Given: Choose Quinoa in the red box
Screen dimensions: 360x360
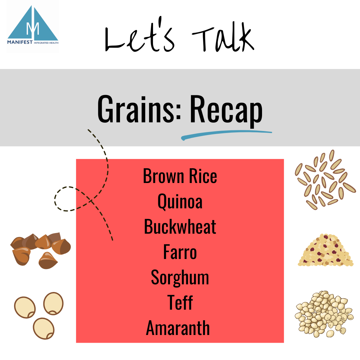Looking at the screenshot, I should coord(180,202).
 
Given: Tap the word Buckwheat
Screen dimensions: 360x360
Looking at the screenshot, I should coord(180,227).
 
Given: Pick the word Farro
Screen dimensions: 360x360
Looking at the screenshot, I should coord(180,252).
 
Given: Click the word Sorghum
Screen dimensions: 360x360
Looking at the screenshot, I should coord(180,277).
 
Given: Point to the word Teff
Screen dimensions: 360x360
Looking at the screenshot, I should coord(180,302).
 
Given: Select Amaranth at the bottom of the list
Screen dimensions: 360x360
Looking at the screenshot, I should coord(178,328).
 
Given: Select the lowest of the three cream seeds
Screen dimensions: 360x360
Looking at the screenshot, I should coord(44,328).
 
